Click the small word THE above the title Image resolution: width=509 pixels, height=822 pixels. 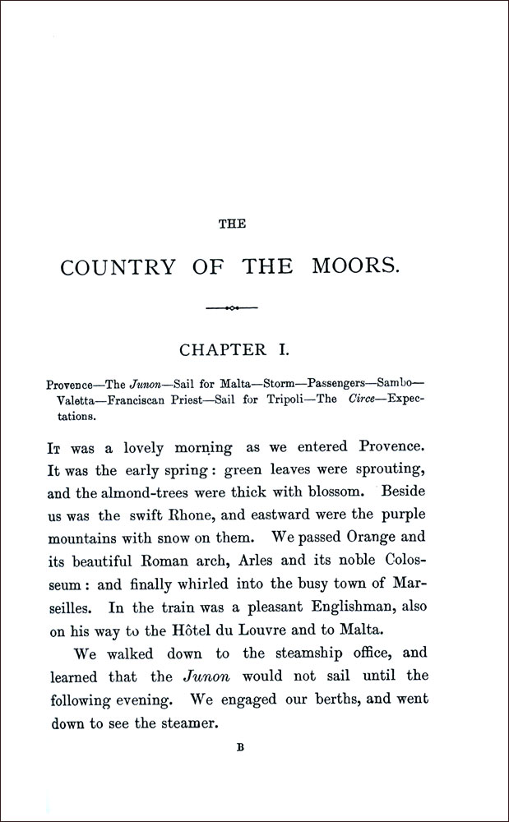coord(236,224)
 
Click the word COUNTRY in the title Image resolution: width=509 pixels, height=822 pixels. coord(118,268)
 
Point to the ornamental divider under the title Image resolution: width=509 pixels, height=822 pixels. coord(232,308)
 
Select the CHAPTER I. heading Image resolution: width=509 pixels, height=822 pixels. coord(234,350)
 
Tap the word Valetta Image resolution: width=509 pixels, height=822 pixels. coord(80,400)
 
